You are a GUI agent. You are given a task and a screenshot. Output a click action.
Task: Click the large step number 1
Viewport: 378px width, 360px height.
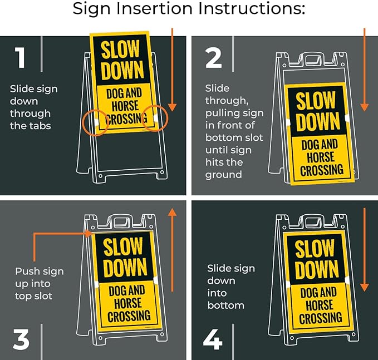20,58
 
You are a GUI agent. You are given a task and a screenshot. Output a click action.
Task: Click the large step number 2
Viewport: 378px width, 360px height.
214,58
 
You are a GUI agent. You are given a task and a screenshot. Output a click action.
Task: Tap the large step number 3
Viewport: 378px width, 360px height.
21,339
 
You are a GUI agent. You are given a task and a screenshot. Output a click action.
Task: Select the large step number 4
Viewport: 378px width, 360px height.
213,339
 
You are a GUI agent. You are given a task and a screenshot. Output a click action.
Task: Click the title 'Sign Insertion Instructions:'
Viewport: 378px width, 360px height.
189,10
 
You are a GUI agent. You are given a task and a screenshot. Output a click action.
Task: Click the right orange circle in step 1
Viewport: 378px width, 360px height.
154,118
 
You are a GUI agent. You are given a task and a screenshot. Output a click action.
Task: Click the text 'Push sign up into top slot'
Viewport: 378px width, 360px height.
40,284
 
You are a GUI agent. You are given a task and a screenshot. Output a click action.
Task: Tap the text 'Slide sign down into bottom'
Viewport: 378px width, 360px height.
230,287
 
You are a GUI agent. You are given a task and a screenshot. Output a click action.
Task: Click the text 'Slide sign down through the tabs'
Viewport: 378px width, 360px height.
33,107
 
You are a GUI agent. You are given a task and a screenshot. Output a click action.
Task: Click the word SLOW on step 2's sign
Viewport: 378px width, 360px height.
316,101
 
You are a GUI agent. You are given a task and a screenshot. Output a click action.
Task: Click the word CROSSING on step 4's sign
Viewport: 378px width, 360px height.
320,318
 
